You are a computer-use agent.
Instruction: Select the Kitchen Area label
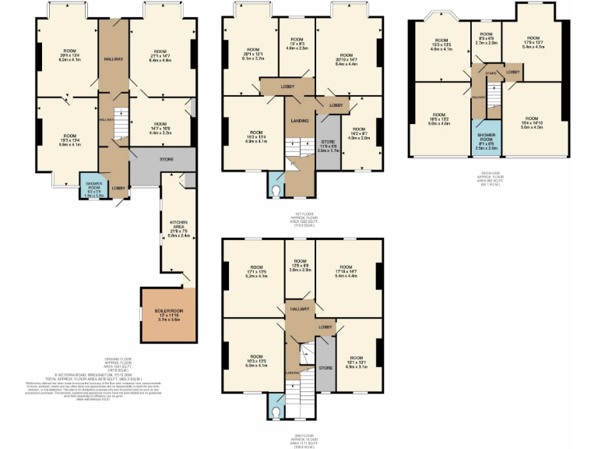coord(178,227)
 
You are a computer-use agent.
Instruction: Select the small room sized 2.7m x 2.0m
coord(487,39)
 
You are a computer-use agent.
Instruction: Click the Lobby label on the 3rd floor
coord(512,72)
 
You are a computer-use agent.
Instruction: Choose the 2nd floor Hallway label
coord(299,309)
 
